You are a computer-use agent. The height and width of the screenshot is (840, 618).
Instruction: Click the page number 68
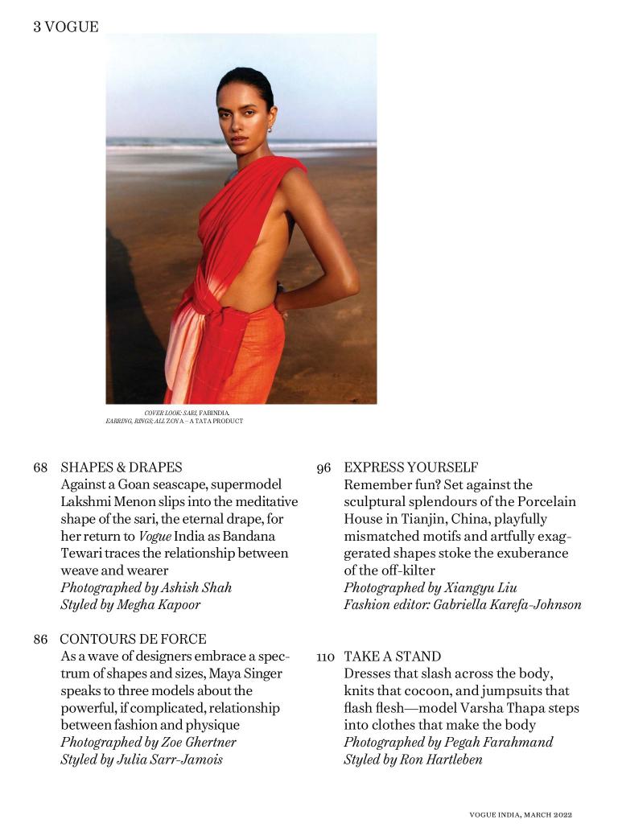(40, 467)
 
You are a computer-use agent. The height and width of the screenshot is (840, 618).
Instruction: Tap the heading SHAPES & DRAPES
(122, 467)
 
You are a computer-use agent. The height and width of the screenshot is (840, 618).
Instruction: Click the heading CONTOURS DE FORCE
(133, 640)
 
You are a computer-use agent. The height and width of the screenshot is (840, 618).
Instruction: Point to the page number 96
(323, 467)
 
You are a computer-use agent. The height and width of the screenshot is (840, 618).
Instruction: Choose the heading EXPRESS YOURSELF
(411, 467)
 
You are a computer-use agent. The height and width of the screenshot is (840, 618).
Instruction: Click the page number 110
(325, 657)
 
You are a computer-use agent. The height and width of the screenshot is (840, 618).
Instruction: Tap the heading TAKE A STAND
(393, 657)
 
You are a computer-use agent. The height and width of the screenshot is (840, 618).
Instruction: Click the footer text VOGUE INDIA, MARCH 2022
(520, 815)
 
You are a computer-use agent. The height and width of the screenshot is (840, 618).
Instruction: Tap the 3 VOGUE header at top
(66, 27)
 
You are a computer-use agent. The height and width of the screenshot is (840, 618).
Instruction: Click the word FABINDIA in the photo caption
(213, 413)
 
